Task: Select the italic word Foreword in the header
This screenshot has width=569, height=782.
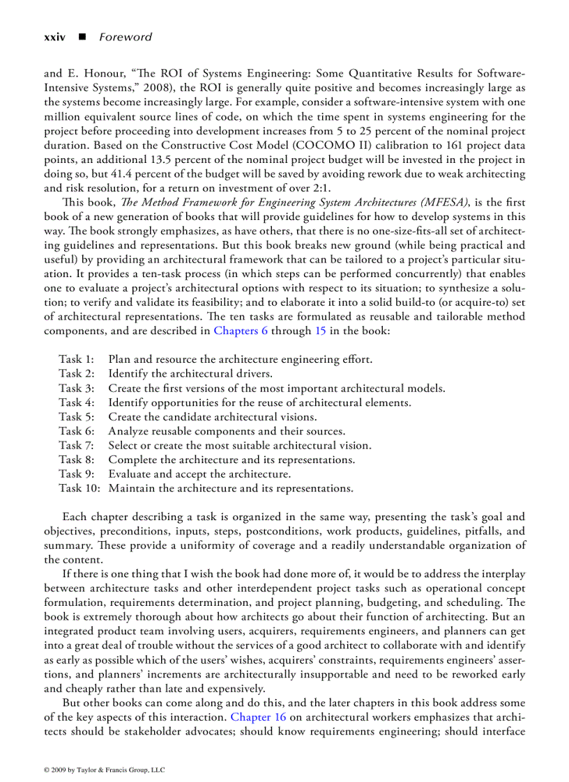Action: coord(125,38)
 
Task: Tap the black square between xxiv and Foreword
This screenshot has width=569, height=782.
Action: coord(82,38)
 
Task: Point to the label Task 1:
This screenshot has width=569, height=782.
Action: coord(76,360)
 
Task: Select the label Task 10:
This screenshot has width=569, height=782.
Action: coord(79,488)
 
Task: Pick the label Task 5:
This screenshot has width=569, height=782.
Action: coord(76,417)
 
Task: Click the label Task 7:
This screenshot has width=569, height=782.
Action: coord(76,446)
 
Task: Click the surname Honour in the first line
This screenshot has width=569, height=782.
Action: coord(103,74)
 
